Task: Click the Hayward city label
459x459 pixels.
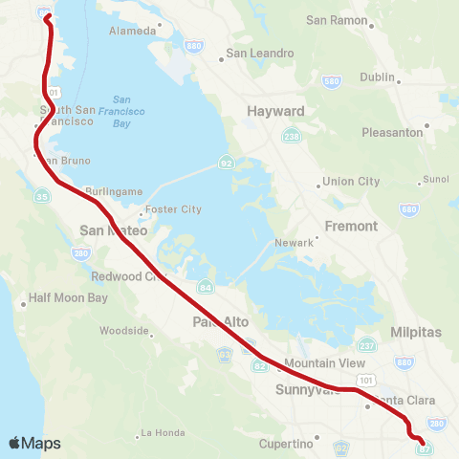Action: (x=275, y=111)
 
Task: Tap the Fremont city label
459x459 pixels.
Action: (x=352, y=227)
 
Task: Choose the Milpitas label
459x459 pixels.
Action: (x=418, y=333)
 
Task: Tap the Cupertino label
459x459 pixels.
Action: (x=286, y=444)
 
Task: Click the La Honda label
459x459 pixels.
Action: (x=162, y=433)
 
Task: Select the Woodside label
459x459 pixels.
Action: (x=124, y=332)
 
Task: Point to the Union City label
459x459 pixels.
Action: (x=351, y=182)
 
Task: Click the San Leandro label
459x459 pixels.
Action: (x=259, y=54)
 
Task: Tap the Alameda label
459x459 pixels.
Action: (x=134, y=31)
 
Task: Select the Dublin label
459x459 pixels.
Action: (x=377, y=77)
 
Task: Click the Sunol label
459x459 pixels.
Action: (x=435, y=179)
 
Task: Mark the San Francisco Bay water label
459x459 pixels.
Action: (x=121, y=111)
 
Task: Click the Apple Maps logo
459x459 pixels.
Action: (x=34, y=443)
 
